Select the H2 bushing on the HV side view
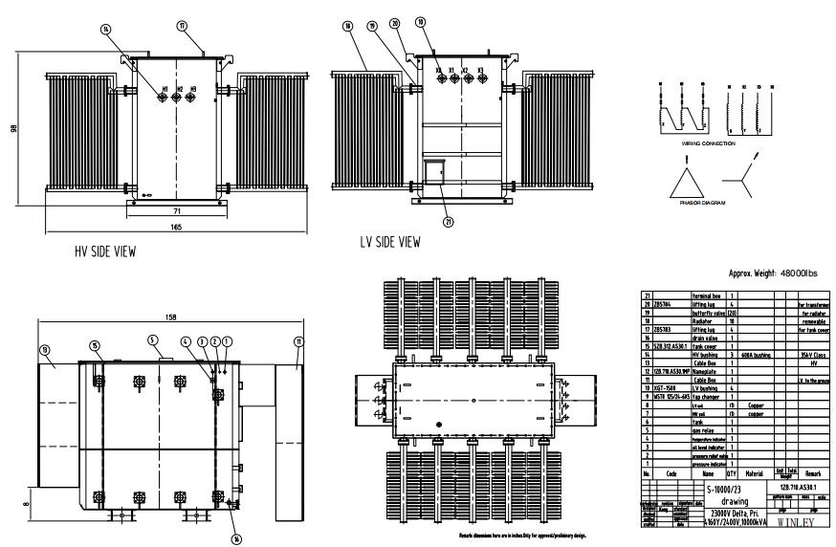(x=179, y=97)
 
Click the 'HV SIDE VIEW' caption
(x=104, y=253)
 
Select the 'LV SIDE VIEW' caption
(x=389, y=242)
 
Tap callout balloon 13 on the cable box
(x=43, y=350)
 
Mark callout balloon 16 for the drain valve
(x=236, y=538)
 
